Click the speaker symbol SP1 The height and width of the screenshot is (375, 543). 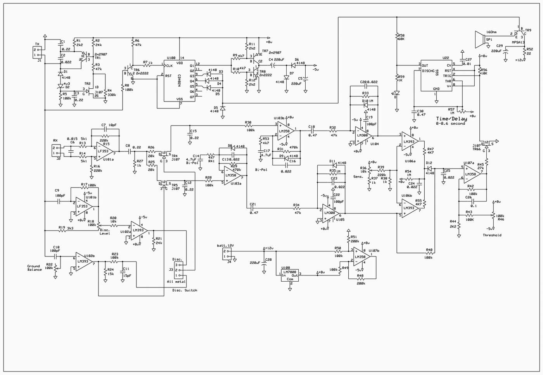480,40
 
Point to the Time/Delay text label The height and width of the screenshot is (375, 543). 451,119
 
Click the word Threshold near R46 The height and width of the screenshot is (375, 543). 492,235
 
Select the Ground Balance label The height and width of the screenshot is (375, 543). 34,268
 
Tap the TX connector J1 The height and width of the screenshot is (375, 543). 37,52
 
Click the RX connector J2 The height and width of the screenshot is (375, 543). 56,150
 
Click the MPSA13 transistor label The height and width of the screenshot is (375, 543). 518,43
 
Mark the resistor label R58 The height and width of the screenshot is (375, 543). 401,37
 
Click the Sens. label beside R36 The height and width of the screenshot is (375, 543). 358,177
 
